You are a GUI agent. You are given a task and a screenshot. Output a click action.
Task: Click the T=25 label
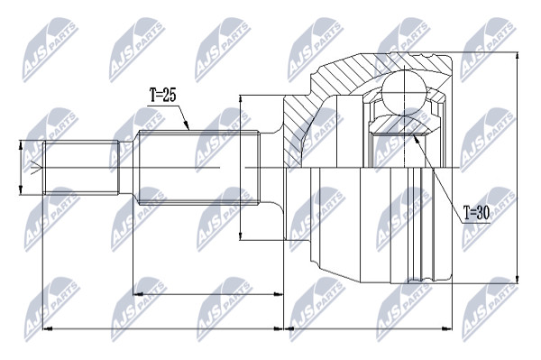pyautogui.click(x=162, y=95)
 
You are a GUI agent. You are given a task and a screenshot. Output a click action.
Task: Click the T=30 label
pyautogui.click(x=476, y=214)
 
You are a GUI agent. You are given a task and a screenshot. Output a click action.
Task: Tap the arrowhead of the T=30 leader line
pyautogui.click(x=416, y=138)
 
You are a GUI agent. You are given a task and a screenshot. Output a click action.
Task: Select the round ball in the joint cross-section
pyautogui.click(x=403, y=91)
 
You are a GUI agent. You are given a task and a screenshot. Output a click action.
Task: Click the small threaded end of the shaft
pyautogui.click(x=81, y=168)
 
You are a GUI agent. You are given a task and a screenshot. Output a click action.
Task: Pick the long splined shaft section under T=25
pyautogui.click(x=198, y=168)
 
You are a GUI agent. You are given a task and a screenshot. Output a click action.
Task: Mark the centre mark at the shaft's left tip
pyautogui.click(x=36, y=168)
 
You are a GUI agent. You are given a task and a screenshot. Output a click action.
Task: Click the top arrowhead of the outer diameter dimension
pyautogui.click(x=517, y=56)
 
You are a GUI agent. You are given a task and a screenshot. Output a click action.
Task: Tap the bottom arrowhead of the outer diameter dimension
pyautogui.click(x=517, y=279)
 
